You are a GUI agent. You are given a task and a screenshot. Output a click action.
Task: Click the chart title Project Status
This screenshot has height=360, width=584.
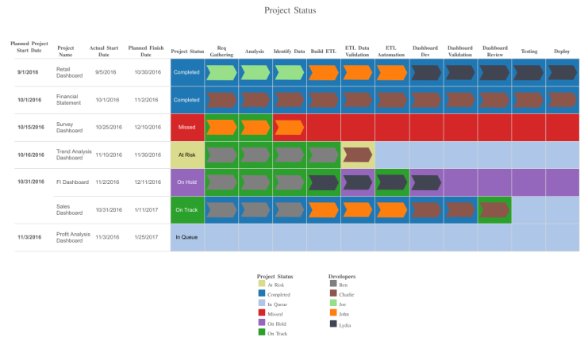pyautogui.click(x=290, y=11)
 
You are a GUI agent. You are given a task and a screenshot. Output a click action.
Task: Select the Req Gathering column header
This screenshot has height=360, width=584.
pyautogui.click(x=221, y=51)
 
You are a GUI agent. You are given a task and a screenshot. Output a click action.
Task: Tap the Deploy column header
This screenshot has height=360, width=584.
pyautogui.click(x=562, y=51)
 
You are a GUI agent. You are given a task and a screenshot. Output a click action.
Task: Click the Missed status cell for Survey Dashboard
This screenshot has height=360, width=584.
pyautogui.click(x=187, y=128)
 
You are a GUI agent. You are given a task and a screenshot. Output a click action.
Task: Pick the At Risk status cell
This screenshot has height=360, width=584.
pyautogui.click(x=187, y=155)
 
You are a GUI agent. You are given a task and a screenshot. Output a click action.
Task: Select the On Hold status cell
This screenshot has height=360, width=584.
pyautogui.click(x=187, y=182)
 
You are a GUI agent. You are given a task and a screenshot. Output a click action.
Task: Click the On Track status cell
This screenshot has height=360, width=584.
pyautogui.click(x=187, y=210)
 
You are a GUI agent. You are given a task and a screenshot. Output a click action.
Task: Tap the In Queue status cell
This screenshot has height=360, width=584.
pyautogui.click(x=187, y=237)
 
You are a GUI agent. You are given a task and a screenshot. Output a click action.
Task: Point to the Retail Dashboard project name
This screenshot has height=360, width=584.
pyautogui.click(x=70, y=72)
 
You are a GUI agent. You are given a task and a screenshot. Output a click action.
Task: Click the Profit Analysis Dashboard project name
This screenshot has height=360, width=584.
pyautogui.click(x=74, y=237)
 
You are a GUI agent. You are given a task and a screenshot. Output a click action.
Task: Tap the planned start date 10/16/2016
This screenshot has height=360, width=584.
pyautogui.click(x=31, y=155)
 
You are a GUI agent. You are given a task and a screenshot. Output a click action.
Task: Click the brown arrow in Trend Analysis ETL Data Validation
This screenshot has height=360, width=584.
pyautogui.click(x=358, y=155)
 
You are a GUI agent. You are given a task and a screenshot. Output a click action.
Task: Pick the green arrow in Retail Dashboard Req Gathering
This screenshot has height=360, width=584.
pyautogui.click(x=221, y=73)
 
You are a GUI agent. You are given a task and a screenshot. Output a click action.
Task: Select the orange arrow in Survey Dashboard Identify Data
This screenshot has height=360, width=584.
pyautogui.click(x=290, y=128)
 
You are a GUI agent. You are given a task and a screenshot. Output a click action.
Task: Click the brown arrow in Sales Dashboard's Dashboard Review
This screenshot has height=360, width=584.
pyautogui.click(x=494, y=210)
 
